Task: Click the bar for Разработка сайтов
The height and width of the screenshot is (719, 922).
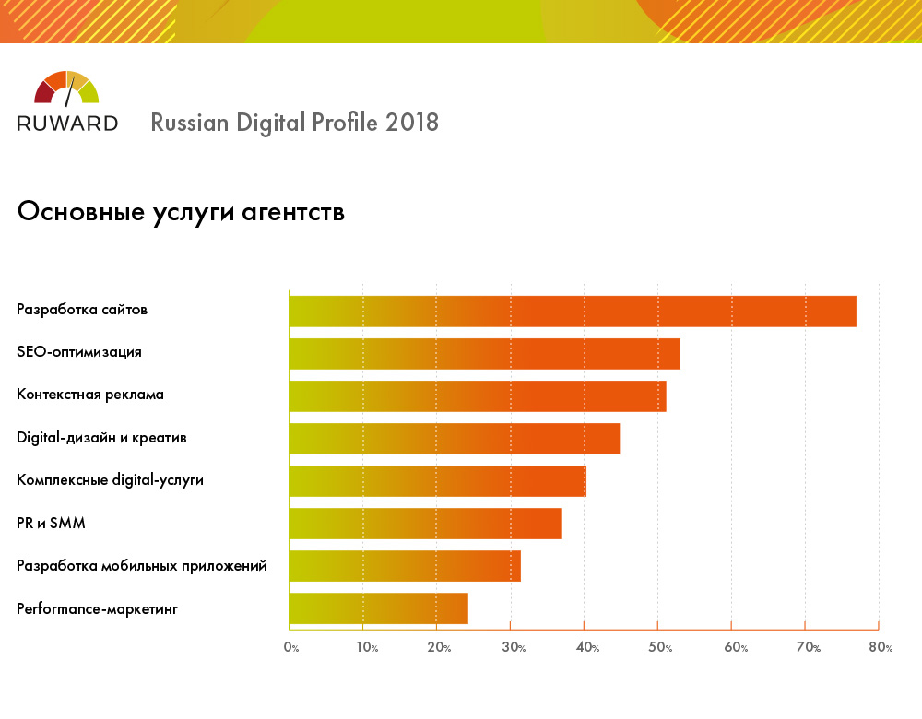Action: click(x=572, y=312)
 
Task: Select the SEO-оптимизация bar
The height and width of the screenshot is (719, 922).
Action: click(x=484, y=354)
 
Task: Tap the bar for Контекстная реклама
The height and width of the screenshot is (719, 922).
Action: click(x=477, y=396)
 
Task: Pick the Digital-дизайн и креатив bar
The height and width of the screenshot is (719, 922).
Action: click(x=454, y=439)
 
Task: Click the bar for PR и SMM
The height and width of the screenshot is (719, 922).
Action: click(x=425, y=524)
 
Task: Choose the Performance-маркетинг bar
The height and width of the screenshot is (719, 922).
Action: click(x=378, y=608)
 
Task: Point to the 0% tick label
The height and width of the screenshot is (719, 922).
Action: click(x=291, y=648)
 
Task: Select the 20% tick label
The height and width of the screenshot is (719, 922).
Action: click(x=439, y=648)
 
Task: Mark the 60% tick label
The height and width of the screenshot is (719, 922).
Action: click(x=735, y=648)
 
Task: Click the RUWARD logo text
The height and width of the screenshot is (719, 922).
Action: click(x=67, y=123)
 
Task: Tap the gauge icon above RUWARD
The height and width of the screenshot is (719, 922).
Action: click(x=66, y=88)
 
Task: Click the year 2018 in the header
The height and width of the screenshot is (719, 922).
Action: click(x=412, y=123)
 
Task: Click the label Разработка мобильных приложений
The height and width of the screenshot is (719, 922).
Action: click(x=142, y=566)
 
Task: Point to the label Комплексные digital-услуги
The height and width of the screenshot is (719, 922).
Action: click(x=110, y=481)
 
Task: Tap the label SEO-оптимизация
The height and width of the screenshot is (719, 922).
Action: click(x=79, y=352)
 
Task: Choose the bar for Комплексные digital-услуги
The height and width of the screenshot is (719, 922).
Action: click(x=437, y=481)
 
